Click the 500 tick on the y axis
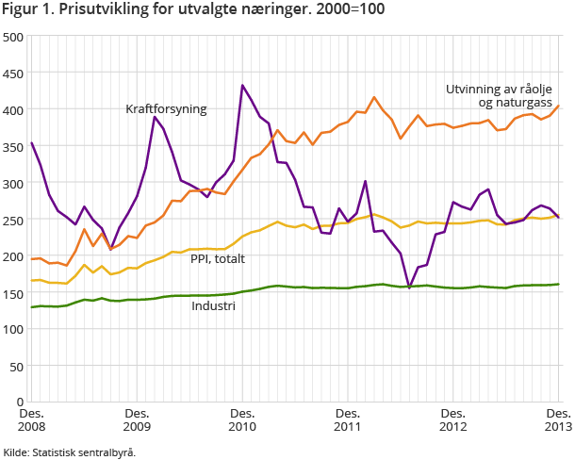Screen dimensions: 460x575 tap(13, 37)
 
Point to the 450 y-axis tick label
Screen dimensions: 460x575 tap(13, 74)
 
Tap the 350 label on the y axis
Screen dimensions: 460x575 tap(13, 146)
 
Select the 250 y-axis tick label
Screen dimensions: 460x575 tap(13, 220)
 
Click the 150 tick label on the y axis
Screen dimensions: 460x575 tap(13, 292)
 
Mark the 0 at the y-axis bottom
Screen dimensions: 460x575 tap(20, 402)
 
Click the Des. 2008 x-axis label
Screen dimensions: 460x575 tap(31, 419)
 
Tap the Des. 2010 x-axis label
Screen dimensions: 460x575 tap(242, 419)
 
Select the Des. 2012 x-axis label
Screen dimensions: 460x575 tap(453, 419)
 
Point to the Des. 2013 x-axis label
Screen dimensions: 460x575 tap(557, 419)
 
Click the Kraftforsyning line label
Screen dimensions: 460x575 tap(166, 109)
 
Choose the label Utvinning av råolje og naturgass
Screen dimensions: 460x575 tap(501, 97)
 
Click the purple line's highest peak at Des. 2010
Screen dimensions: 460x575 tap(243, 86)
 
